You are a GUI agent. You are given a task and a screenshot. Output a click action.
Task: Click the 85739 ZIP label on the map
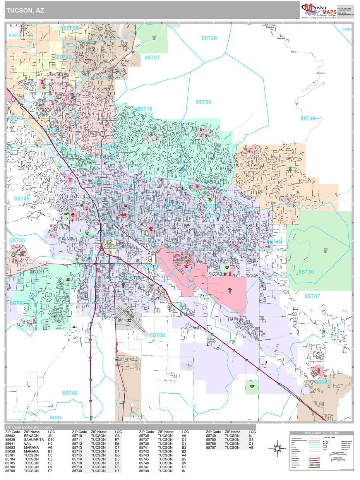tap(209, 38)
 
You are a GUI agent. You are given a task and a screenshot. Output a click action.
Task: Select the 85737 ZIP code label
tap(152, 57)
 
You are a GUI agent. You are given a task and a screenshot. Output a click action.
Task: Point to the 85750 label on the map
tap(203, 102)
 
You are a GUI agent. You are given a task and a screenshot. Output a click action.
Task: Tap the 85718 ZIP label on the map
tap(144, 109)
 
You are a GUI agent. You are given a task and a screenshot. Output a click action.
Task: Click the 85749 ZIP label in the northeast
tap(308, 118)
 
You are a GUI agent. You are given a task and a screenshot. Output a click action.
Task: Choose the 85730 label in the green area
tap(306, 272)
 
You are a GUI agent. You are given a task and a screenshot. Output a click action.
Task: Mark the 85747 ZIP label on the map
tap(312, 296)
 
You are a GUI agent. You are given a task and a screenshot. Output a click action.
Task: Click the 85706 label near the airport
tap(158, 335)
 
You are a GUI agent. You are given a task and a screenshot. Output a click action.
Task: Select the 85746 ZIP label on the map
tap(70, 393)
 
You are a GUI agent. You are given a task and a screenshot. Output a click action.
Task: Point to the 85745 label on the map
tap(22, 199)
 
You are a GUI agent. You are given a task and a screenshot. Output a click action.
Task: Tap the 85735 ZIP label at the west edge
tap(17, 240)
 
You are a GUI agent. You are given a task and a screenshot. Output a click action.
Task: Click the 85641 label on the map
tap(322, 382)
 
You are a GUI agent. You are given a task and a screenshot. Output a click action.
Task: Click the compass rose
tap(277, 449)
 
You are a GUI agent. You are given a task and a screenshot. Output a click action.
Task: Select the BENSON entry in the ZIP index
tap(31, 436)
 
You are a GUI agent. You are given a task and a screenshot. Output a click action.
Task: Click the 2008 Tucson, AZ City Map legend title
tap(321, 433)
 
